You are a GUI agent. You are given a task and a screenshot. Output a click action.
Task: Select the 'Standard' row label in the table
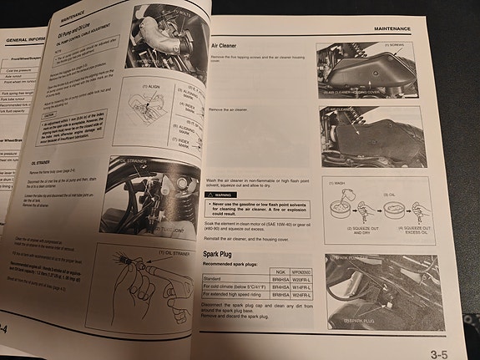(x=216, y=292)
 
